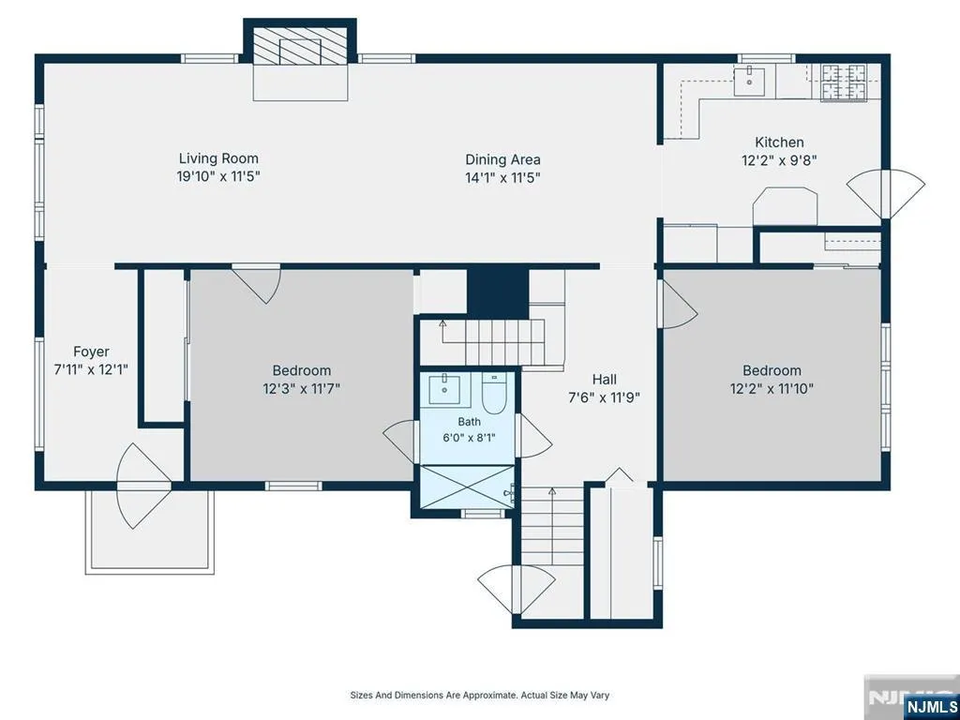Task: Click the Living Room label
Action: (x=218, y=158)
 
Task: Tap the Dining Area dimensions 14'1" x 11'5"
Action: (x=502, y=178)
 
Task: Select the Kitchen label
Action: (x=779, y=142)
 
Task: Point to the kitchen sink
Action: (x=749, y=82)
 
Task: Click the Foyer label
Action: (x=91, y=352)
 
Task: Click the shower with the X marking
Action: (x=467, y=487)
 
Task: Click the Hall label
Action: (x=605, y=380)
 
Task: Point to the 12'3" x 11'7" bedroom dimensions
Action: (x=301, y=389)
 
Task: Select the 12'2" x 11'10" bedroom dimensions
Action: (x=772, y=389)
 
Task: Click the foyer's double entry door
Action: (x=143, y=486)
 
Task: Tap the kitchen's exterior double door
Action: (x=885, y=194)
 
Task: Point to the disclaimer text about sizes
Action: (x=479, y=695)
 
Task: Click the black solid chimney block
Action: (x=498, y=292)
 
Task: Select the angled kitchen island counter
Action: (x=786, y=207)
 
